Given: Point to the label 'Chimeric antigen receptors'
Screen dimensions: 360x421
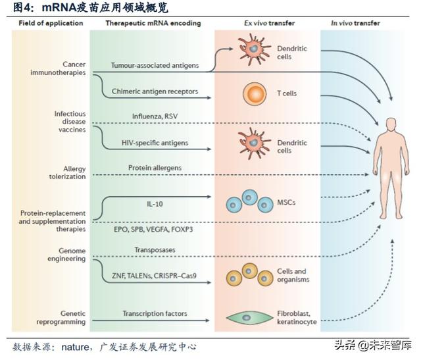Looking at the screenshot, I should click(x=155, y=91).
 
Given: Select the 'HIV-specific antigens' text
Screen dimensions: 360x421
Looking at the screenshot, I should click(x=155, y=143).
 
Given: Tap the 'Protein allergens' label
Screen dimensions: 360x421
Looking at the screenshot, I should click(x=155, y=168).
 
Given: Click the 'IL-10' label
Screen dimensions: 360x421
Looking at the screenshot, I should click(x=155, y=204).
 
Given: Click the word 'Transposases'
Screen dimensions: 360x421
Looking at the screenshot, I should click(x=155, y=249).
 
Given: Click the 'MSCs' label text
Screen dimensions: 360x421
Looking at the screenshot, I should click(x=287, y=202).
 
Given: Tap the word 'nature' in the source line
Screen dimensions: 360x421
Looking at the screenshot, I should click(x=76, y=346).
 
